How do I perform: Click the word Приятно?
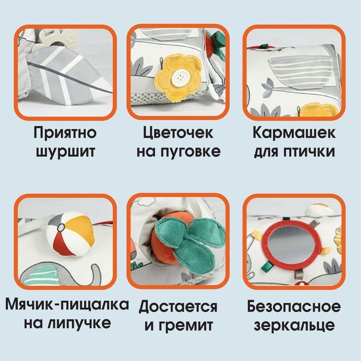coord(65,133)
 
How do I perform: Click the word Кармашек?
coord(294,133)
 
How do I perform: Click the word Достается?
coord(178,307)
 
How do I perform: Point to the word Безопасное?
coord(293,307)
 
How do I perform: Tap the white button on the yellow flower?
coord(180,78)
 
